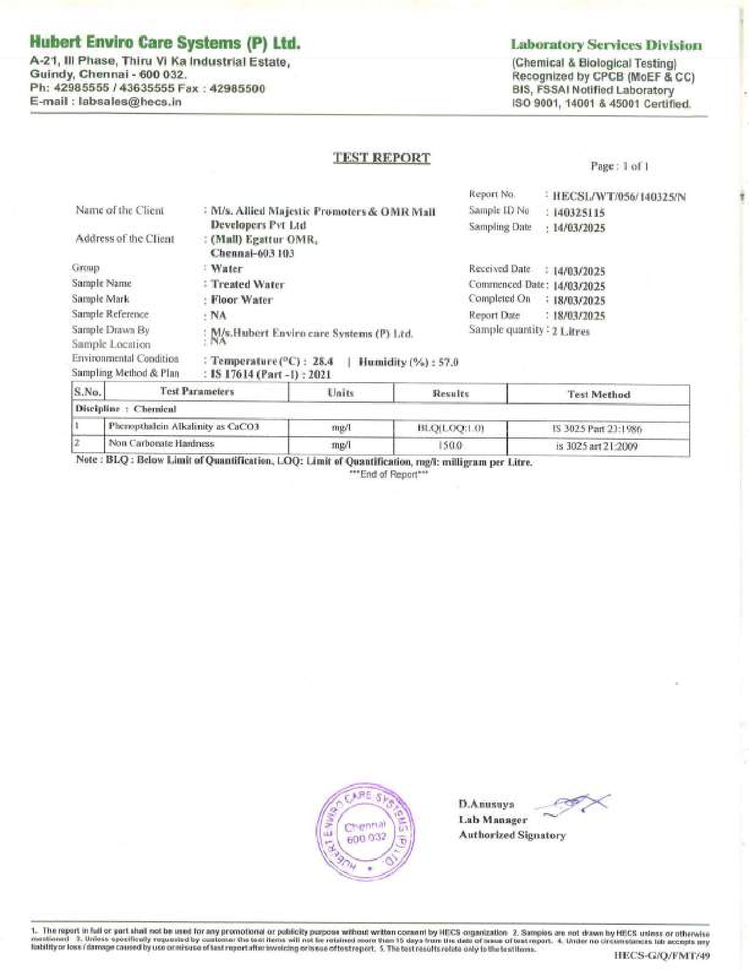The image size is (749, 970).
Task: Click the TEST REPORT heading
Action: click(x=381, y=158)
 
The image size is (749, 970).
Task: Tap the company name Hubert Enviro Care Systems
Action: click(x=165, y=43)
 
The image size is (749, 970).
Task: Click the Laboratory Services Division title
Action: click(x=606, y=45)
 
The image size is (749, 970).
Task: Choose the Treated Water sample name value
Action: click(x=247, y=285)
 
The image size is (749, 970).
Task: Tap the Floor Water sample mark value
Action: click(x=241, y=300)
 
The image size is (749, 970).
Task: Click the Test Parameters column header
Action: click(x=197, y=392)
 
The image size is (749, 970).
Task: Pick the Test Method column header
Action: click(x=598, y=394)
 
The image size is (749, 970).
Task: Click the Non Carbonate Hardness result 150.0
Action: click(x=451, y=446)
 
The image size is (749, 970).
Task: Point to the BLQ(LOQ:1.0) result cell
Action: click(x=451, y=428)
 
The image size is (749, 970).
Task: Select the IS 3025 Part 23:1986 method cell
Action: click(x=597, y=429)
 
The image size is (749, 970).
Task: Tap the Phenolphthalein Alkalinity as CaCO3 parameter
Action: click(x=183, y=426)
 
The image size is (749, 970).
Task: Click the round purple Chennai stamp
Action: click(x=365, y=831)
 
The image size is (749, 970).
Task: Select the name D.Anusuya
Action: click(x=486, y=804)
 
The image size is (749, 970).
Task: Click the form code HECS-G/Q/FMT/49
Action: click(x=661, y=955)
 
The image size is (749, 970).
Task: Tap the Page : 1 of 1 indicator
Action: click(x=619, y=166)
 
